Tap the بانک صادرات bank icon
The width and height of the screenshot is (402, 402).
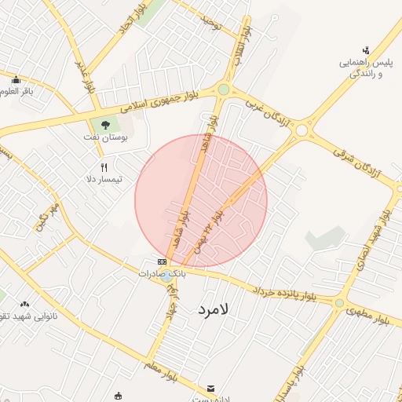(x=162, y=261)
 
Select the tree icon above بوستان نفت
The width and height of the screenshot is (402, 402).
(x=106, y=124)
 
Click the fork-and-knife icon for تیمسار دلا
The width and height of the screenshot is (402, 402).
(x=104, y=167)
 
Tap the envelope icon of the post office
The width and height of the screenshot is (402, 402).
(x=210, y=389)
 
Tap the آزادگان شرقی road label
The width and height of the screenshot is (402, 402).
(x=356, y=161)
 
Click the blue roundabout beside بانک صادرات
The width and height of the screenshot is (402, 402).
(x=170, y=276)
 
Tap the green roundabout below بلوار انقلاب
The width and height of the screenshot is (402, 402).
(x=224, y=90)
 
